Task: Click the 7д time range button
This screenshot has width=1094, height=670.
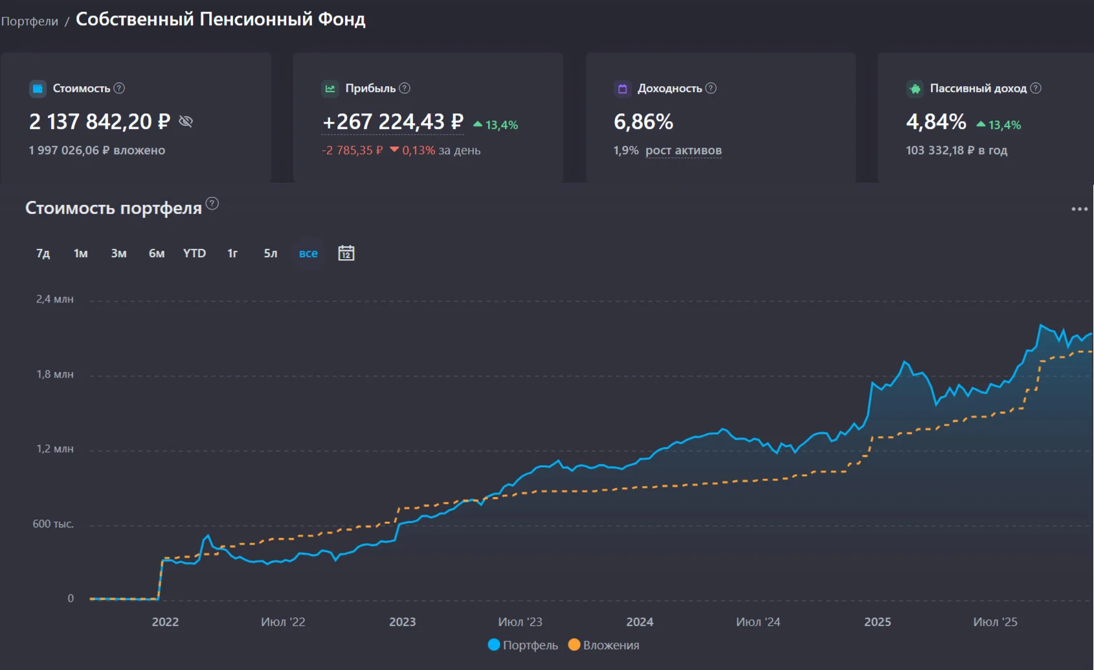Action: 43,253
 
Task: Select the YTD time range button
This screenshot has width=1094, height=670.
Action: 194,253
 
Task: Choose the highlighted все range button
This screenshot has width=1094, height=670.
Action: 308,253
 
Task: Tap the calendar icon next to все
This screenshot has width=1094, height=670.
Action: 346,253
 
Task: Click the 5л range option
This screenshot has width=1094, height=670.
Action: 271,253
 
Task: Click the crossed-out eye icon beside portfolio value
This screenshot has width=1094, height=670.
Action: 186,121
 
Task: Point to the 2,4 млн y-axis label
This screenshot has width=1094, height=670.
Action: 54,299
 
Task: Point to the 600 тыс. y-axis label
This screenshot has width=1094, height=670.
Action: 53,524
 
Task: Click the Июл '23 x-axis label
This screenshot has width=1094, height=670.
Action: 520,621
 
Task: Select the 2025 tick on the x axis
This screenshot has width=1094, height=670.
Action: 878,621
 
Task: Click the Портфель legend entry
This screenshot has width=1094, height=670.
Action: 523,645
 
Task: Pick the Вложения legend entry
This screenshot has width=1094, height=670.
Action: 604,645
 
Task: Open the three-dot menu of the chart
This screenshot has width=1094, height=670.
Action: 1079,209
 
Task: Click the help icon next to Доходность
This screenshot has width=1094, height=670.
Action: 711,88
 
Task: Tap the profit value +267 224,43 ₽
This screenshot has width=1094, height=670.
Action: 393,122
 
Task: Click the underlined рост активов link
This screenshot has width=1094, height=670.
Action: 683,150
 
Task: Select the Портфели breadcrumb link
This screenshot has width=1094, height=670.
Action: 29,21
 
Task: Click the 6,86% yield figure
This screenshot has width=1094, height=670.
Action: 643,122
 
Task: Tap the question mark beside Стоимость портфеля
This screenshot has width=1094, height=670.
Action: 212,203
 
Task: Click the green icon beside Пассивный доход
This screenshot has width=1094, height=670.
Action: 915,89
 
